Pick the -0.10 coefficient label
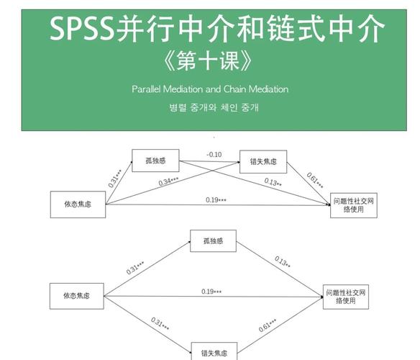click(x=214, y=154)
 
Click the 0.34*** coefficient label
click(x=170, y=181)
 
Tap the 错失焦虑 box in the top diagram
click(x=263, y=162)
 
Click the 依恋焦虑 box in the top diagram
click(x=77, y=204)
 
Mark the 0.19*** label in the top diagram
click(x=216, y=199)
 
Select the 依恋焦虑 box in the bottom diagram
click(x=77, y=295)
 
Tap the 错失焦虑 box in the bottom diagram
click(x=214, y=351)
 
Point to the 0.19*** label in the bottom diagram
click(x=211, y=291)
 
